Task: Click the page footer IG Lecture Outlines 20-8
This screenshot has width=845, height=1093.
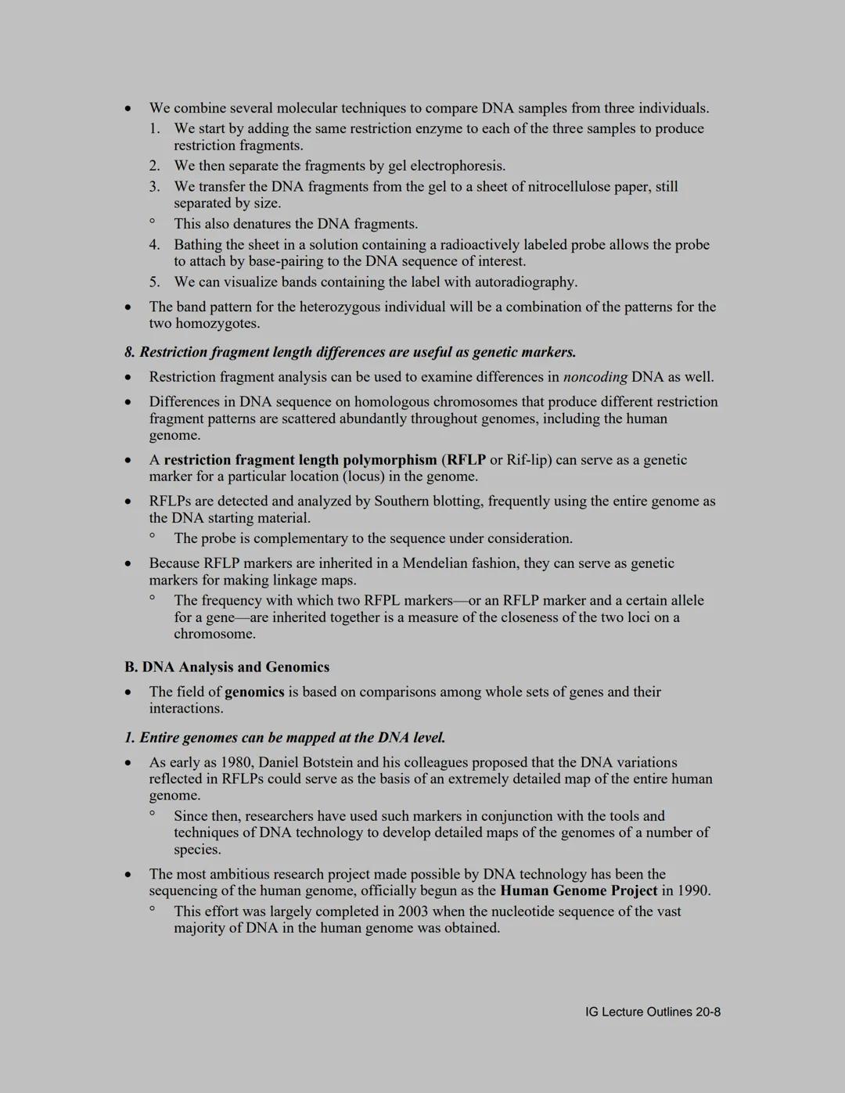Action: (x=653, y=1012)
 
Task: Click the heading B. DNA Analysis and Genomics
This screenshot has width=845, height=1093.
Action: (x=227, y=667)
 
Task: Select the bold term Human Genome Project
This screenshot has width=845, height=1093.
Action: (x=578, y=890)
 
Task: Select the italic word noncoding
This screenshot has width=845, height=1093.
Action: (x=595, y=377)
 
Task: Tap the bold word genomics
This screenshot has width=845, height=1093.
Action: (x=254, y=692)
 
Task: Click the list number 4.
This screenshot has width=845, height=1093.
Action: (x=154, y=245)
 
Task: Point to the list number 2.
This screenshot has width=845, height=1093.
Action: (x=154, y=166)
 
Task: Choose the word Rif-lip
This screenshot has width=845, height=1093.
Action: (x=528, y=459)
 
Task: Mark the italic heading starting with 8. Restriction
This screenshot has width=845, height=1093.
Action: (x=351, y=352)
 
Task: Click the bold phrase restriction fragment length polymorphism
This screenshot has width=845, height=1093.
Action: (x=300, y=459)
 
